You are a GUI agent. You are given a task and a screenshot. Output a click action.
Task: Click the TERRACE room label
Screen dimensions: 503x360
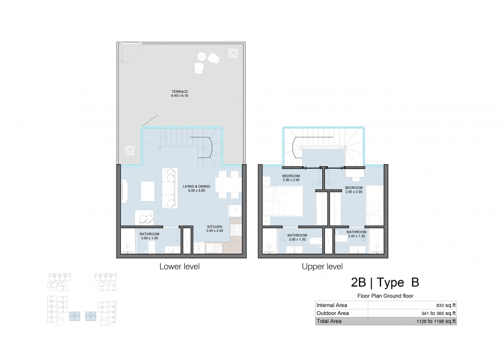click(x=180, y=91)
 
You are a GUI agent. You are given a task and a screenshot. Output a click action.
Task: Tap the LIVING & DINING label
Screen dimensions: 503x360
click(x=196, y=186)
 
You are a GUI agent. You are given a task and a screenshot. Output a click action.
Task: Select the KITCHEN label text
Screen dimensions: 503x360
click(x=214, y=227)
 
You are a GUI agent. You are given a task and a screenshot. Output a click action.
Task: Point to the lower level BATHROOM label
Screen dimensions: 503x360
click(x=150, y=234)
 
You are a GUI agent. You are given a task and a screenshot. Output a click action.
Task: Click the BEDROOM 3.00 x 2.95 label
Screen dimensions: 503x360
click(x=291, y=178)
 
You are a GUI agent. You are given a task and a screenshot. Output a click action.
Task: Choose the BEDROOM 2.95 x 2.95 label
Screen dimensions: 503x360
click(x=354, y=190)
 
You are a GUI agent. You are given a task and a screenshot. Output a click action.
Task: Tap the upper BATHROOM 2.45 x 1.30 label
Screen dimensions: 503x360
click(x=356, y=234)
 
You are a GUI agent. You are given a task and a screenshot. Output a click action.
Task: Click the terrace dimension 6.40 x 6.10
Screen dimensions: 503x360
click(x=180, y=96)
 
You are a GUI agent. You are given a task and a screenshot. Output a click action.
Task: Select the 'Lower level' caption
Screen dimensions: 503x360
click(x=180, y=267)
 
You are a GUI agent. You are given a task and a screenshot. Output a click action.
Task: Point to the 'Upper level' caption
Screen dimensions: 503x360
click(x=322, y=267)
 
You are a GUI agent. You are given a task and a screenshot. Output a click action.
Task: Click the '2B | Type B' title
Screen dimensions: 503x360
click(x=385, y=283)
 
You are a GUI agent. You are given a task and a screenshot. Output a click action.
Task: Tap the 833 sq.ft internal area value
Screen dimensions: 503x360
click(x=446, y=306)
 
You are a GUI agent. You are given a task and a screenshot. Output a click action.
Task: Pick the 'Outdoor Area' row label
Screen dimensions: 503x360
click(x=333, y=313)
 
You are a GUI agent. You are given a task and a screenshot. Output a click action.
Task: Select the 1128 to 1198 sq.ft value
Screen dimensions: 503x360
click(x=436, y=321)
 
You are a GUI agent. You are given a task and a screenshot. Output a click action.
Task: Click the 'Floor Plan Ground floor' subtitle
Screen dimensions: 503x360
click(x=385, y=296)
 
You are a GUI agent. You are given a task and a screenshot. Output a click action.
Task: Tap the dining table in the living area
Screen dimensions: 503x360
click(x=228, y=185)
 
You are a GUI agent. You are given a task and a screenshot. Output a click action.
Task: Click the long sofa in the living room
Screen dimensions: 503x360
click(x=170, y=188)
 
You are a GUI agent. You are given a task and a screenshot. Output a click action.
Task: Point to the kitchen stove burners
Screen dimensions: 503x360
click(x=236, y=230)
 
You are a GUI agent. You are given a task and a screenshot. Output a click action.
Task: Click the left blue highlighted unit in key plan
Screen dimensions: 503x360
click(x=75, y=317)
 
